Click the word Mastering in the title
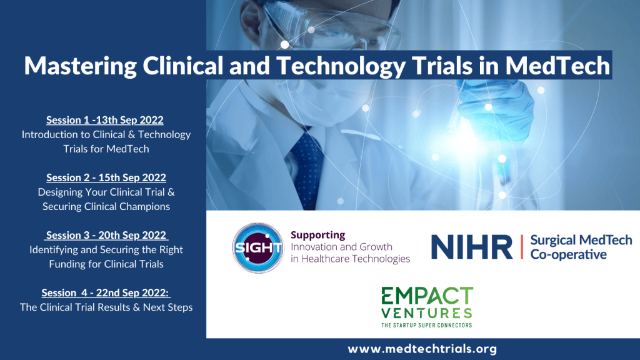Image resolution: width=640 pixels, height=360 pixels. point(81,66)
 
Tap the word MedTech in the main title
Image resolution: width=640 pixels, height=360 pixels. point(557,65)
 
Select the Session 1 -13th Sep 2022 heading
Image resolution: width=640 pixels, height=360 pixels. point(105,120)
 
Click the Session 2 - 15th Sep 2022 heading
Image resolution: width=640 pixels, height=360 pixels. point(106,177)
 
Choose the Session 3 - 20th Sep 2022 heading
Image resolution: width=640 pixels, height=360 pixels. point(106,235)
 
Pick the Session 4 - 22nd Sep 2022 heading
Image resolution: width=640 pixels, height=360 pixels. point(106,292)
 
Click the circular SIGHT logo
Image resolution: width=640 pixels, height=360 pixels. point(258,247)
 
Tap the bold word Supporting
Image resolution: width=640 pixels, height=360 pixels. point(318,235)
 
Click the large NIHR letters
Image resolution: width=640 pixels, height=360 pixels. point(472,247)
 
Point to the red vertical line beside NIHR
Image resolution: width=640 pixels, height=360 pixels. point(522,247)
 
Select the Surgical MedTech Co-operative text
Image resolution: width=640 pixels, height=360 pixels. point(581,247)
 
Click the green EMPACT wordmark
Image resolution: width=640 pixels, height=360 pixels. point(427,296)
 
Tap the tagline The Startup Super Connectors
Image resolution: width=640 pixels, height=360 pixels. point(427,325)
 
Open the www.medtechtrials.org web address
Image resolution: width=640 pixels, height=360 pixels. point(422,349)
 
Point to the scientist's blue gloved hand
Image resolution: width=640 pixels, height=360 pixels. point(495,108)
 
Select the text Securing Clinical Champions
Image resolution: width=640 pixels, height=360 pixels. point(106,206)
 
